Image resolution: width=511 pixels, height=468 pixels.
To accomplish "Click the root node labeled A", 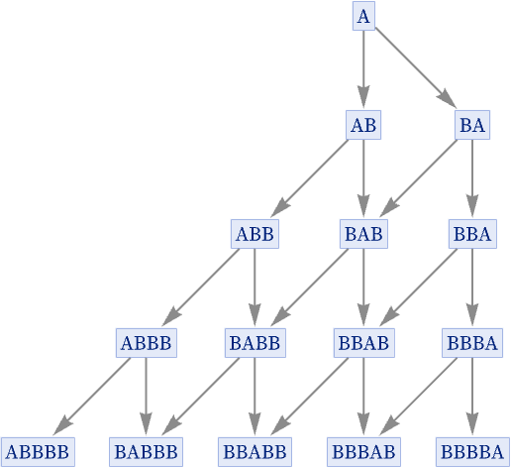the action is pos(363,16).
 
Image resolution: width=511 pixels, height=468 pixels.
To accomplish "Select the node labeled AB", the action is pos(363,125).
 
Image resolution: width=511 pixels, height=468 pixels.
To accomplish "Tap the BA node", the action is pos(472,125).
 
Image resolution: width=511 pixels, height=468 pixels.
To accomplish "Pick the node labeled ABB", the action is pos(255,234).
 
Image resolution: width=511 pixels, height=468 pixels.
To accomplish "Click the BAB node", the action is pos(363,234).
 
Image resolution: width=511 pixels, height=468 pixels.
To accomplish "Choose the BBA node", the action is pos(472,234).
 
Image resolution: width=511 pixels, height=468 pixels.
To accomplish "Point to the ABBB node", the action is pos(146,343).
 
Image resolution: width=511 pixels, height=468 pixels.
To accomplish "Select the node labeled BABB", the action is pos(255,343).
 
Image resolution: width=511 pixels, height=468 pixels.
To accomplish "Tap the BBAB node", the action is pos(363,343).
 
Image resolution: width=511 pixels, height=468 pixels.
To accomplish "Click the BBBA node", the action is pos(472,343).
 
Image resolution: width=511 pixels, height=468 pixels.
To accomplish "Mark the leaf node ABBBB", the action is pos(38,452).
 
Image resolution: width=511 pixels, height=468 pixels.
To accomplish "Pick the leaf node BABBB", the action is pos(146,452).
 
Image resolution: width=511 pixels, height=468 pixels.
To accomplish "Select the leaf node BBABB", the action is pos(255,452).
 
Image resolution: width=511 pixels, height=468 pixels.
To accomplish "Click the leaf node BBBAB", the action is pos(363,452).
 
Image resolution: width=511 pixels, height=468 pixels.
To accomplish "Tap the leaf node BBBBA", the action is pos(472,452).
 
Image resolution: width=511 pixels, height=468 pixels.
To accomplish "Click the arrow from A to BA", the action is pos(416,68).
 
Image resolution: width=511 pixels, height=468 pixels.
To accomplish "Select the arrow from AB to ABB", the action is pos(309,178).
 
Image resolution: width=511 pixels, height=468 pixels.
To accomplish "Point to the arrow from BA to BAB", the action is pos(418,178).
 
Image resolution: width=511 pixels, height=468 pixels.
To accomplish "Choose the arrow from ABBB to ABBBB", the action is pos(92,397).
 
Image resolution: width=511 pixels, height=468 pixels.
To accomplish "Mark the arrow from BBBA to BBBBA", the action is pos(472,397).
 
